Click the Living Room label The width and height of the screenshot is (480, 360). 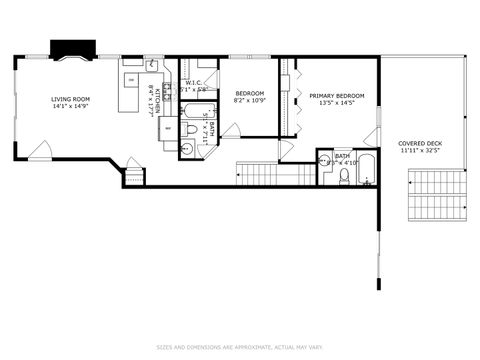click(x=71, y=99)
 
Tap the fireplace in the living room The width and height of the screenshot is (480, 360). click(x=73, y=50)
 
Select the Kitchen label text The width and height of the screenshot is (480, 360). click(x=151, y=103)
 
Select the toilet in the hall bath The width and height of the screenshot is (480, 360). click(x=191, y=129)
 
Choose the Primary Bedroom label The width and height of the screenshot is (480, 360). click(x=336, y=95)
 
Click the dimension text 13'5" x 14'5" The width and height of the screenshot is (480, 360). click(x=336, y=103)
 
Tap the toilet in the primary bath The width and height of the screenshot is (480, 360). click(x=343, y=176)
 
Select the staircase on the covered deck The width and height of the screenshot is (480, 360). click(x=437, y=197)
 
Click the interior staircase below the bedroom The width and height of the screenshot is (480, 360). click(x=275, y=174)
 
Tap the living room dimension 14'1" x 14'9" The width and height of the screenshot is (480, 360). click(x=71, y=107)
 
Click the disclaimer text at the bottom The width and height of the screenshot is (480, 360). click(x=240, y=348)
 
